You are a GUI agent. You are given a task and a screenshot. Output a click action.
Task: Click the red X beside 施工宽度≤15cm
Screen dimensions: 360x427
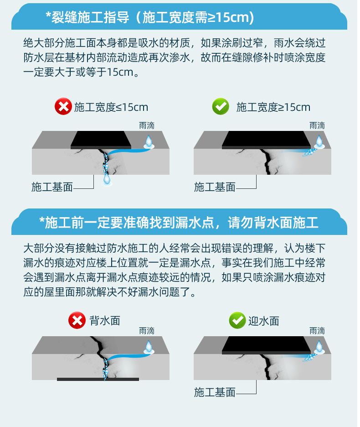pos(63,106)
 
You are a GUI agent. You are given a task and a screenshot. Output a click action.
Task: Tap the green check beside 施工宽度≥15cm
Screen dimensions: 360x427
pos(221,106)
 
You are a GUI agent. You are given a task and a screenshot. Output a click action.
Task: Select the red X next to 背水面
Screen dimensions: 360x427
pos(77,320)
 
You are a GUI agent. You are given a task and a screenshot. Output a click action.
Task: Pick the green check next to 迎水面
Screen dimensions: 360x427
pos(237,320)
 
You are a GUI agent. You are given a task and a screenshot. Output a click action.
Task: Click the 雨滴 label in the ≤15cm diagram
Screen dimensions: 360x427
pos(147,125)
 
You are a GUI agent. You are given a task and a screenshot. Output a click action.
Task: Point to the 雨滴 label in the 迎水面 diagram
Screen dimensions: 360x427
pos(317,331)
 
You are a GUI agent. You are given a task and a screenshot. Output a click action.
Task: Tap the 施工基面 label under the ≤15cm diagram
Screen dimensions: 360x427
pos(52,187)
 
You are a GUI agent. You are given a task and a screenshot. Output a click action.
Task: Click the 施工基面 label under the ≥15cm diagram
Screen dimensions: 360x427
pos(215,187)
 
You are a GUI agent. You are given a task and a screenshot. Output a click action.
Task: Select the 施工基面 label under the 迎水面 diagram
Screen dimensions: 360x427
pos(215,392)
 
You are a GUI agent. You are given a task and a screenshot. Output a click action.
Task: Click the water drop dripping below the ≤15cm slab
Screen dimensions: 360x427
pos(107,180)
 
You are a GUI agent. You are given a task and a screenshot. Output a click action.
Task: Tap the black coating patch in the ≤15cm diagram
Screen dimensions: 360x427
pos(101,140)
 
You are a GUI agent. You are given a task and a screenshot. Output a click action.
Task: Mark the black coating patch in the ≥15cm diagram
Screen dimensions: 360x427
pos(267,140)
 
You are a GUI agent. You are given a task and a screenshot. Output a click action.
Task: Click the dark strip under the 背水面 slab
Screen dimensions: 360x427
pos(98,379)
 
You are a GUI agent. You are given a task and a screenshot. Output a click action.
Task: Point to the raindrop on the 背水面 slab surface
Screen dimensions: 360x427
pos(149,347)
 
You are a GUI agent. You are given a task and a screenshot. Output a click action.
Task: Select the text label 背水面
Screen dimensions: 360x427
pos(105,321)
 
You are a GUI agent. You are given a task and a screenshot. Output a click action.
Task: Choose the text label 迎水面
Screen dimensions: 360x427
pos(264,321)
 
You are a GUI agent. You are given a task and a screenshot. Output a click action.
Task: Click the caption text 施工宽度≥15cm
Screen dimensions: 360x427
pos(273,107)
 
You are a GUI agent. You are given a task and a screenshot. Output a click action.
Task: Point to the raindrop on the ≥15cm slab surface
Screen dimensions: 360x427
pos(319,142)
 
